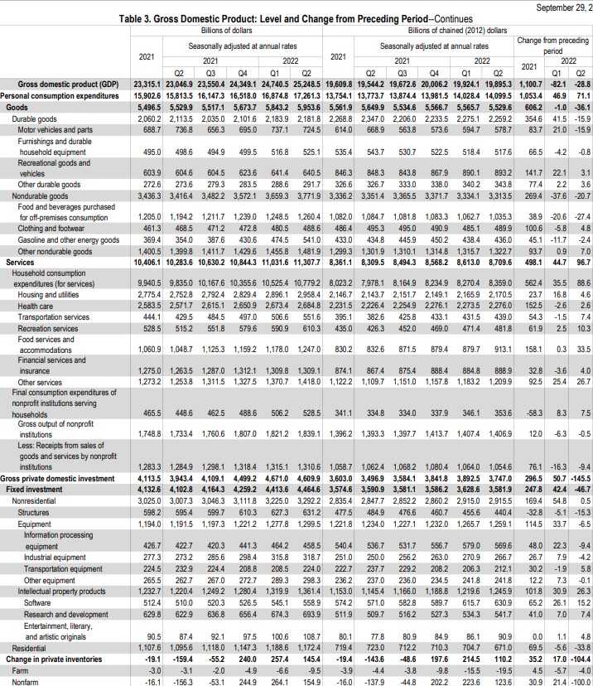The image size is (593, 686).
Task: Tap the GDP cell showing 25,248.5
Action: [x=306, y=85]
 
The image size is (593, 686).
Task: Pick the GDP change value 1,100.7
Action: [x=528, y=85]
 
